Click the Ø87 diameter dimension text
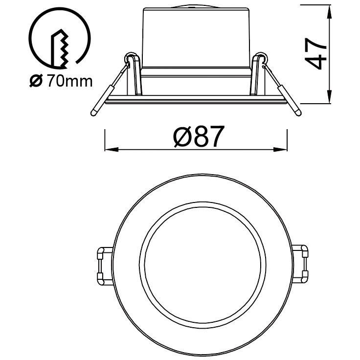(x=198, y=136)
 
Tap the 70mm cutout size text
(x=70, y=81)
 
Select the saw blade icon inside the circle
(x=59, y=49)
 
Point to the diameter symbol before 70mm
(x=36, y=81)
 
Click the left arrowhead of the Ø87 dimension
(x=112, y=150)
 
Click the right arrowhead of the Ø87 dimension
(x=280, y=150)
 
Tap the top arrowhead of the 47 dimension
(x=330, y=12)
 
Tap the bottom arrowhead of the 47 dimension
(x=330, y=97)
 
